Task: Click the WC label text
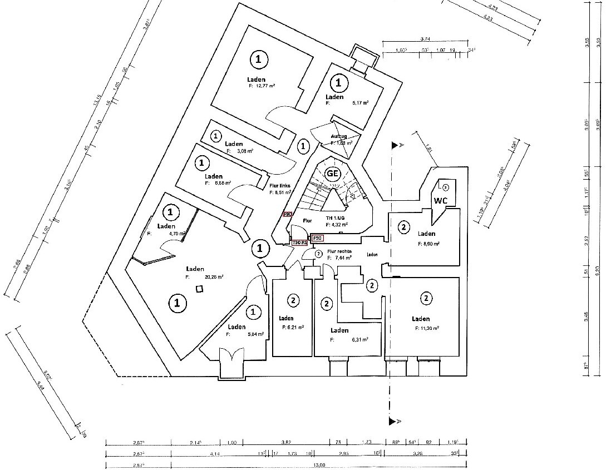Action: click(441, 200)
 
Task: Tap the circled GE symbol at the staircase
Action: click(332, 173)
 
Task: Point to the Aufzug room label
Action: click(338, 136)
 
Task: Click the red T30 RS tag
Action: click(300, 243)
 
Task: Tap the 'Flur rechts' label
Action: click(339, 251)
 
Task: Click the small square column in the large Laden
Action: click(199, 289)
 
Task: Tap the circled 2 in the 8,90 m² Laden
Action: click(404, 226)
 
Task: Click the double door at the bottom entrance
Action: click(231, 356)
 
